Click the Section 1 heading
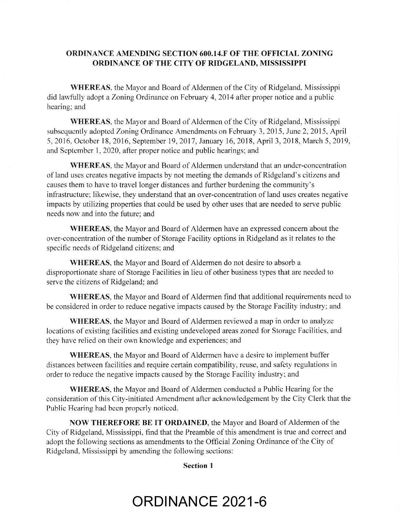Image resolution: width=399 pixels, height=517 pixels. click(x=199, y=466)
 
